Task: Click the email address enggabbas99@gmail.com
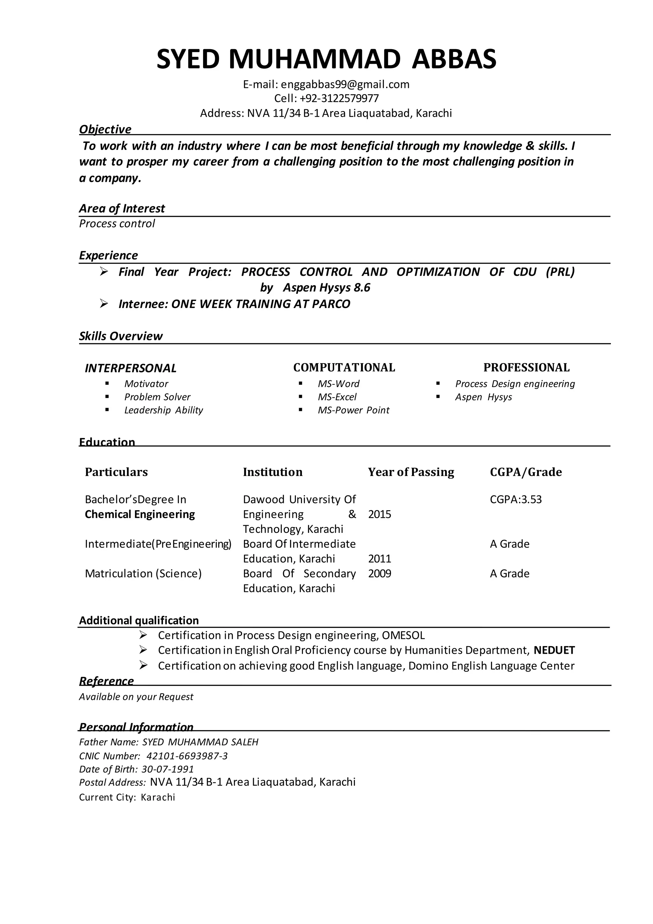tap(345, 85)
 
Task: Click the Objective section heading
tap(105, 129)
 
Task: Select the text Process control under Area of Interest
tap(117, 224)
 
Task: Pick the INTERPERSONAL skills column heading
tap(131, 368)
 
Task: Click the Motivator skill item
tap(146, 384)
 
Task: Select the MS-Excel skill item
tap(337, 397)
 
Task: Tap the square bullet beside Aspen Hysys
tap(438, 397)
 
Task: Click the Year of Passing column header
tap(411, 472)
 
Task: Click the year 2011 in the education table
tap(379, 559)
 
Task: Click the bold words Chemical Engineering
tap(140, 514)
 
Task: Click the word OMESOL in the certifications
tap(403, 636)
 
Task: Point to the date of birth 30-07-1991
tap(168, 770)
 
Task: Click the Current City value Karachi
tap(158, 798)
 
